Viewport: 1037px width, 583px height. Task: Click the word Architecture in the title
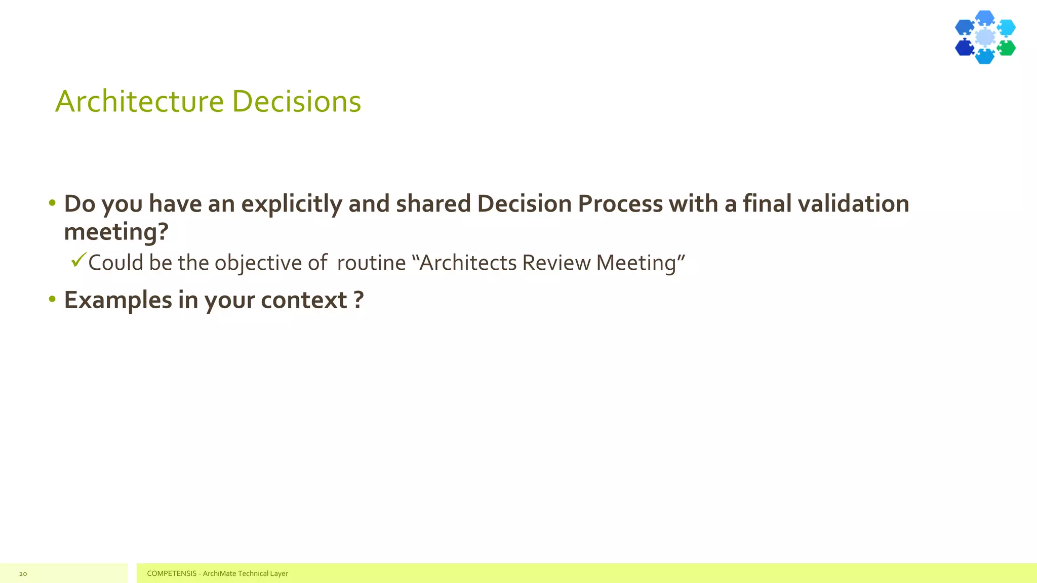[x=139, y=101]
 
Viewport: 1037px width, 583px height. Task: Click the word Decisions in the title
[x=297, y=101]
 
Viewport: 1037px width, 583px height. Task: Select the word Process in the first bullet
[x=620, y=203]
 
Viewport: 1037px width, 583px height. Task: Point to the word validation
[x=853, y=203]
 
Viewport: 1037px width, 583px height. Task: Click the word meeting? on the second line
[x=116, y=232]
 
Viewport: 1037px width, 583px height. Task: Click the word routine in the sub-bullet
[x=371, y=263]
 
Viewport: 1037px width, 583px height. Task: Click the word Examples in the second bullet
[x=118, y=301]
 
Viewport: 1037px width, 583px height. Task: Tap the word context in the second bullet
[x=304, y=300]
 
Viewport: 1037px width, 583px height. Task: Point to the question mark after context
[x=358, y=300]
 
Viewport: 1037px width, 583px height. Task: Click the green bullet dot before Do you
[x=52, y=203]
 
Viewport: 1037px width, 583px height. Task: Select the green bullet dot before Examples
[x=52, y=299]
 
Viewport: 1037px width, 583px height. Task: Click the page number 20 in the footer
[x=23, y=574]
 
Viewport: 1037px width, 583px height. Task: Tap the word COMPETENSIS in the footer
[x=172, y=573]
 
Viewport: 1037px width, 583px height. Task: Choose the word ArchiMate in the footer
[x=219, y=573]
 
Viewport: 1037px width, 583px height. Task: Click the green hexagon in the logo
[x=1007, y=48]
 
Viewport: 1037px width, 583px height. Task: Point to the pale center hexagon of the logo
[x=985, y=37]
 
